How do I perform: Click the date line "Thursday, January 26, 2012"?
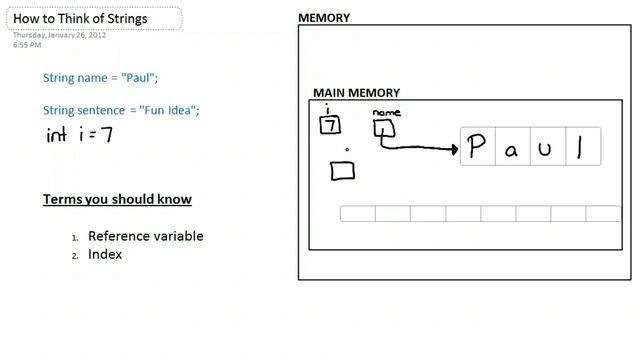59,35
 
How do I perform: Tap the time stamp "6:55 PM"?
27,45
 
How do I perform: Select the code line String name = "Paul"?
100,78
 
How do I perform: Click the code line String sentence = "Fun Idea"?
121,110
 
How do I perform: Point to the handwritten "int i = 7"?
79,135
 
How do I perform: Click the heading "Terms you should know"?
117,199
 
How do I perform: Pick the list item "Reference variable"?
145,236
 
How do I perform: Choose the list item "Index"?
105,254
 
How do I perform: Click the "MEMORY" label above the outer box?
324,17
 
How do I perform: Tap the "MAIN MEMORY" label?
356,93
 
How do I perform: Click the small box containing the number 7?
329,126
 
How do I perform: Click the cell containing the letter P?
477,147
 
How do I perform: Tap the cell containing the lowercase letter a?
512,147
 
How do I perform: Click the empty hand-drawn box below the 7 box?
342,171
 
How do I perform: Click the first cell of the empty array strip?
357,214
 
